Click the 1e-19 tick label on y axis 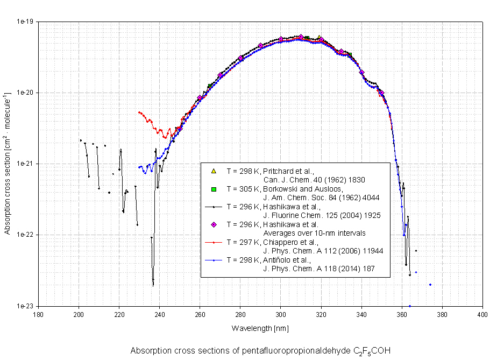point(26,22)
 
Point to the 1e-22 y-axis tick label point(26,235)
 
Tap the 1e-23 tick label point(26,306)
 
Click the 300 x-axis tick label point(280,314)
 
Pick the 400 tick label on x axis point(482,314)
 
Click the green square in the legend point(214,189)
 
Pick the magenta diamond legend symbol point(214,224)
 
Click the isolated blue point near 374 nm point(430,285)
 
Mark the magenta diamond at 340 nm point(361,72)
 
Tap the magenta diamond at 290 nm point(260,46)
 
